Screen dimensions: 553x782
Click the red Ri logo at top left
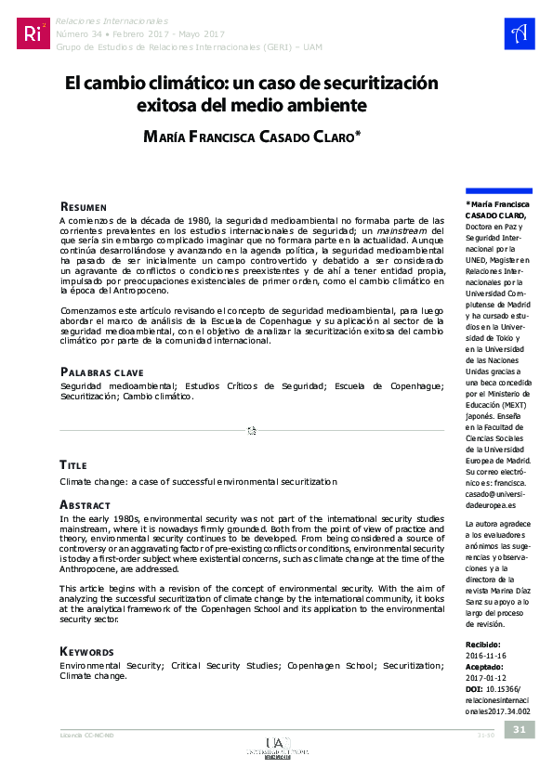(x=33, y=33)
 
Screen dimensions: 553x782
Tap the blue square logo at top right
(x=519, y=33)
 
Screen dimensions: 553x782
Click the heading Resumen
(x=84, y=205)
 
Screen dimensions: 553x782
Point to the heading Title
(x=73, y=464)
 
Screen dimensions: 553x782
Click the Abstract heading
(x=85, y=504)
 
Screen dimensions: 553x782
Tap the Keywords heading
(x=86, y=626)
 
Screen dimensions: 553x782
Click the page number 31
(x=520, y=729)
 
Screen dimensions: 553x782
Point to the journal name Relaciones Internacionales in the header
(x=112, y=19)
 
